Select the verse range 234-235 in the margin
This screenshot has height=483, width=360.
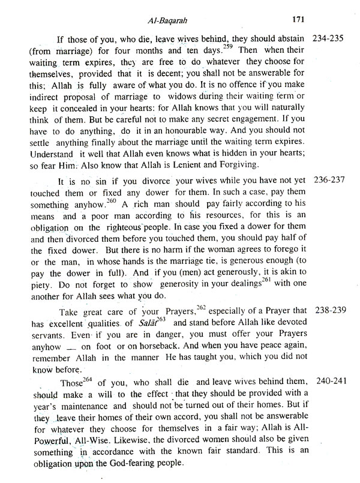331,38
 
